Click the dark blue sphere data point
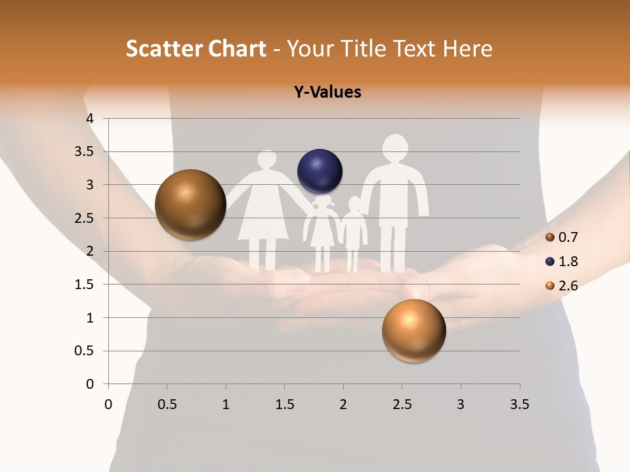320,172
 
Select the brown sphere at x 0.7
191,205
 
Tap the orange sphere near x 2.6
413,330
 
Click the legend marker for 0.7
550,237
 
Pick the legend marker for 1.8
550,262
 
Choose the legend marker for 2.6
550,286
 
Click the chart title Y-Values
327,92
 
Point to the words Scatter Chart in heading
196,49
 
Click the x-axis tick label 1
226,404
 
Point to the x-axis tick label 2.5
402,404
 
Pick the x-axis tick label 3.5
519,404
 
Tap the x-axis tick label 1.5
284,404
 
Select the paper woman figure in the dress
264,206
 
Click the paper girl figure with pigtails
322,229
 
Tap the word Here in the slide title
467,49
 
